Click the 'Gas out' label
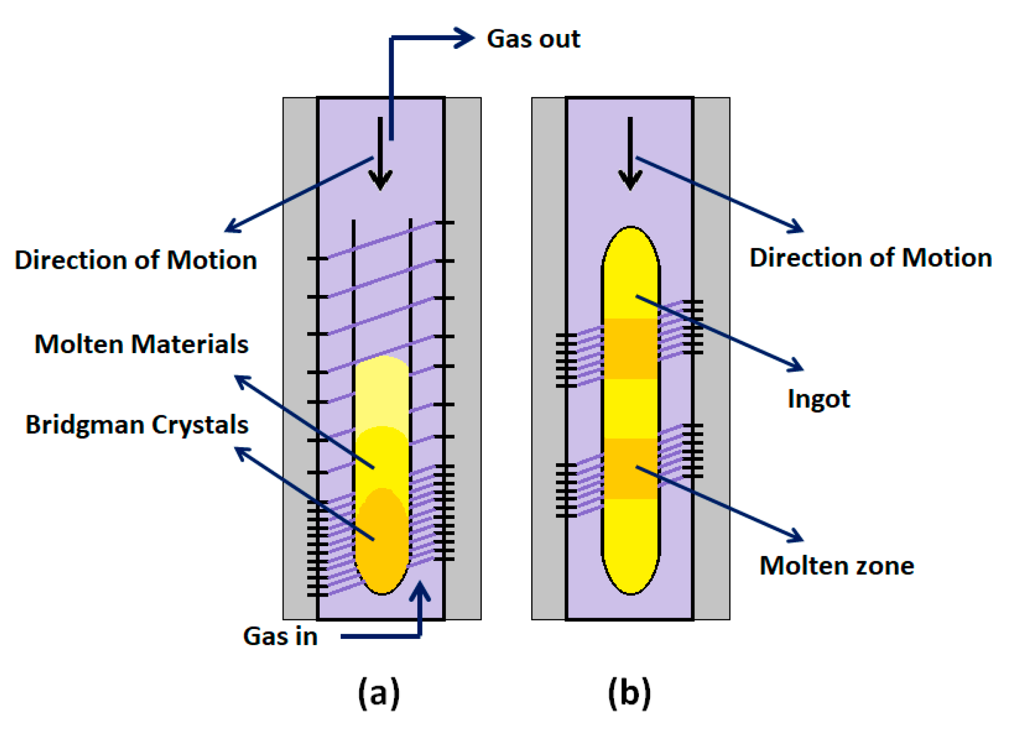[533, 39]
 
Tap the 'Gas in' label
[280, 636]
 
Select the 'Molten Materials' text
[141, 344]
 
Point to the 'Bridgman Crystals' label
[137, 425]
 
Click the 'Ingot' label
[818, 399]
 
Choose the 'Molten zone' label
[836, 566]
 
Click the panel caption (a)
[379, 693]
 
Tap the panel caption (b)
[629, 693]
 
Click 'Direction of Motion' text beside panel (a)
[135, 260]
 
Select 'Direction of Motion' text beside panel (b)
[870, 257]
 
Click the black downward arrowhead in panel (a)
[380, 180]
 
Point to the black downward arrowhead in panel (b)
[630, 180]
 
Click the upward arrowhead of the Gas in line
[420, 590]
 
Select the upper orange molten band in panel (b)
[630, 348]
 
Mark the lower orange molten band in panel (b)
[630, 468]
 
